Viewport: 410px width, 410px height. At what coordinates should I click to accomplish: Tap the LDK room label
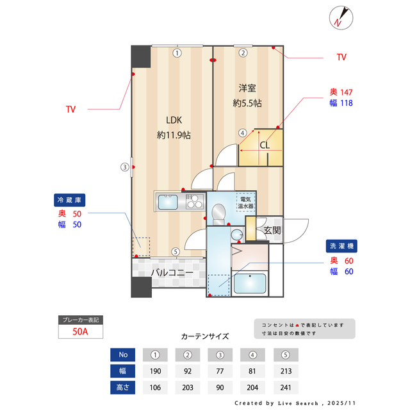(174, 120)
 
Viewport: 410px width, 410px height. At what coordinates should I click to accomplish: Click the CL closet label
(265, 145)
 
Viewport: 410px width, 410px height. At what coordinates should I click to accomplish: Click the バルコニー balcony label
(172, 273)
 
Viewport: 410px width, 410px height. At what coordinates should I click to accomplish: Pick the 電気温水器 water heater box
(246, 202)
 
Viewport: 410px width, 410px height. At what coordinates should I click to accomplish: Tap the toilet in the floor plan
(218, 212)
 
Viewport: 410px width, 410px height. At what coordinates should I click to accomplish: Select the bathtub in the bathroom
(250, 283)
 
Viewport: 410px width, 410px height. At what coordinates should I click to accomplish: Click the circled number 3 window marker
(125, 168)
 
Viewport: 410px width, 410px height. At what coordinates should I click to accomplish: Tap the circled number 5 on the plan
(176, 252)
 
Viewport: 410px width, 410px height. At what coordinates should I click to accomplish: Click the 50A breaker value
(80, 332)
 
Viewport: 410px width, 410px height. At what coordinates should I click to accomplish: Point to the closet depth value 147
(346, 92)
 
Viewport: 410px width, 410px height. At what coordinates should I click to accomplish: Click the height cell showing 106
(154, 388)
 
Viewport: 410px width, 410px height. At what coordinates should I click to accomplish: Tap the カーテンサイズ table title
(205, 336)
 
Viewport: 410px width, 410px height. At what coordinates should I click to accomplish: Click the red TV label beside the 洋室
(341, 57)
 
